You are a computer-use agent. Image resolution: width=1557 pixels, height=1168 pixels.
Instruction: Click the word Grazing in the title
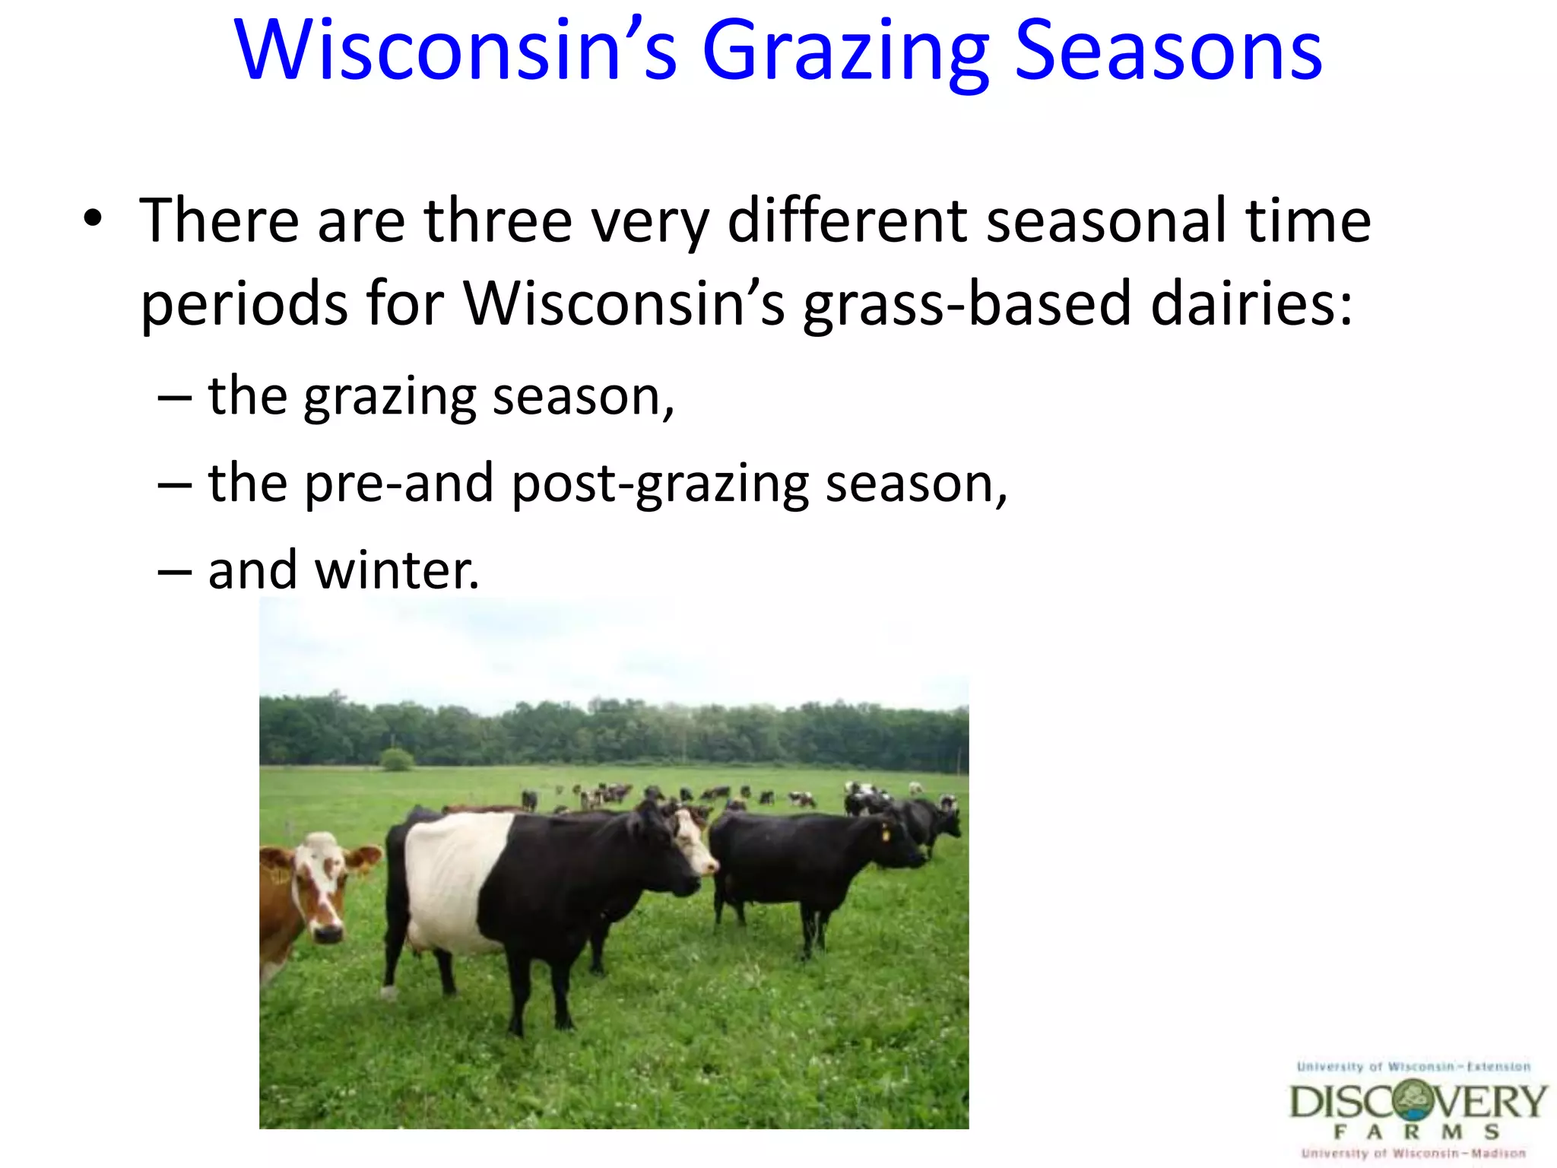[x=845, y=52]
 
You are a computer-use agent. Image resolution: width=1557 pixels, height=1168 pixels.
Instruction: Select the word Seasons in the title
[x=1169, y=52]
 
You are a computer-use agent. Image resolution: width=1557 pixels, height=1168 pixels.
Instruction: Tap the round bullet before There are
[x=93, y=218]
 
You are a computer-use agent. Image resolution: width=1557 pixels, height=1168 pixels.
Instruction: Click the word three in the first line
[x=497, y=221]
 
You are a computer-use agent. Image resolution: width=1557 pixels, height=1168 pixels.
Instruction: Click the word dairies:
[x=1251, y=303]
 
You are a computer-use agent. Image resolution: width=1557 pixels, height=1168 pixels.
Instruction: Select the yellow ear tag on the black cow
[x=885, y=834]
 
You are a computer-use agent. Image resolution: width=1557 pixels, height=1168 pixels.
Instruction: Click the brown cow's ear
[x=363, y=859]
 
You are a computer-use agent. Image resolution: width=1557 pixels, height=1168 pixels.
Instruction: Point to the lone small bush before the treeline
[x=396, y=759]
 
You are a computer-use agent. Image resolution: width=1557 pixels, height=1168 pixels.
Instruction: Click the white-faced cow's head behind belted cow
[x=694, y=840]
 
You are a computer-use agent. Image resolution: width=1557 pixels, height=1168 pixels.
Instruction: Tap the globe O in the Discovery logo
[x=1415, y=1100]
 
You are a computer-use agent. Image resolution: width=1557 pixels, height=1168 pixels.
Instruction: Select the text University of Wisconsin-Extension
[x=1413, y=1067]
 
